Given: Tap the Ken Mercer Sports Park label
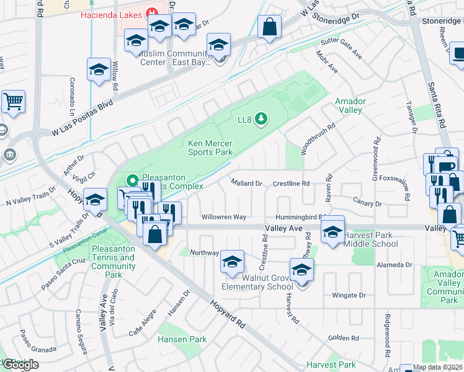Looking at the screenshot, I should [210, 148].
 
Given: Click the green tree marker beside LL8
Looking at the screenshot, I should [262, 118].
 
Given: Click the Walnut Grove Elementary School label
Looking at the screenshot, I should [257, 282].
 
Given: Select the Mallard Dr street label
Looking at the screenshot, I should [246, 184].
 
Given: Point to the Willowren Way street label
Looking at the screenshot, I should [224, 217].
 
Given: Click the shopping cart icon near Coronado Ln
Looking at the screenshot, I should [13, 100].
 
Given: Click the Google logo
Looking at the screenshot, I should [20, 365].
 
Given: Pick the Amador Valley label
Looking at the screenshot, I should [350, 105].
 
